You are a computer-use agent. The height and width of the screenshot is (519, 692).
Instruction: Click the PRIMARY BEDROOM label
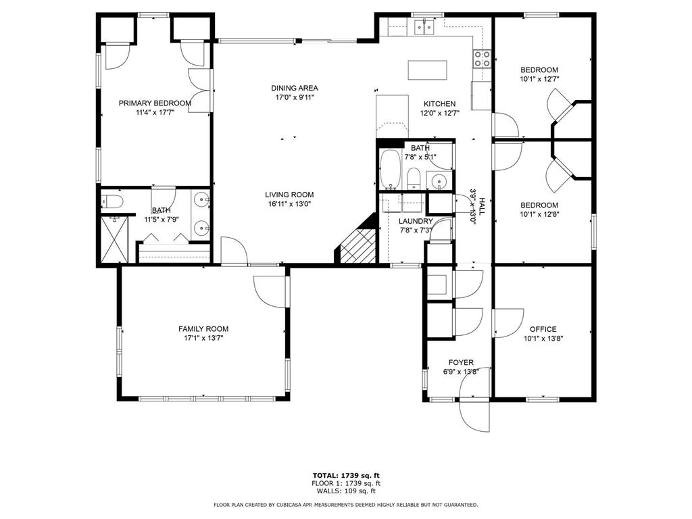(155, 103)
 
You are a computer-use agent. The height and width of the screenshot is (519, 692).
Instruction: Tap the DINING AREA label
(295, 89)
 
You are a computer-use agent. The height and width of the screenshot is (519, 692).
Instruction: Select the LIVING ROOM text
(289, 195)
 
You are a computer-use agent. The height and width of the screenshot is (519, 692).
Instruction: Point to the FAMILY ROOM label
(203, 329)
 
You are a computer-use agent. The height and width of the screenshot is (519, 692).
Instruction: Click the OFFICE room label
(543, 329)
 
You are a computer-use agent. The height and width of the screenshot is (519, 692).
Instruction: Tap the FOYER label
(461, 363)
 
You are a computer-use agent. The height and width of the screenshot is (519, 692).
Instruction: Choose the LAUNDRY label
(416, 221)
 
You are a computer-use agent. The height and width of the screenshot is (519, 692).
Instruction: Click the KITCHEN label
(439, 103)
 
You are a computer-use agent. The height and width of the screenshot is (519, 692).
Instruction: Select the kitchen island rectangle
(427, 70)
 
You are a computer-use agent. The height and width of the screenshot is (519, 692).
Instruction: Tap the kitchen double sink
(424, 27)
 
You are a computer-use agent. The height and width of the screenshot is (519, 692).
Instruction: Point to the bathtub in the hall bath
(390, 170)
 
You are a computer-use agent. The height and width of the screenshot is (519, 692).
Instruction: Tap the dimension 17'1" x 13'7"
(203, 339)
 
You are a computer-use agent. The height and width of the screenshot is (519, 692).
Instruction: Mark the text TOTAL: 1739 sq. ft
(346, 476)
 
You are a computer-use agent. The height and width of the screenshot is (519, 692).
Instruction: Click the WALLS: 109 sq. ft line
(346, 491)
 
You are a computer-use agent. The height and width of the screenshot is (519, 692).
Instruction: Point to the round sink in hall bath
(439, 180)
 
